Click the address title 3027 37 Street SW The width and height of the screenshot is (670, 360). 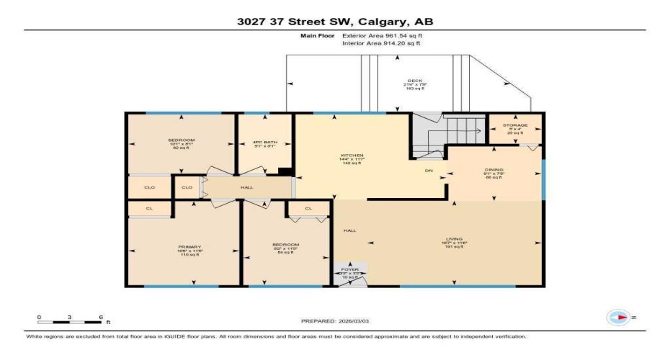coord(335,22)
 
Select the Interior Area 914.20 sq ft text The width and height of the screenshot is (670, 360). coord(381,44)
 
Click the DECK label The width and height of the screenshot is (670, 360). coord(414,81)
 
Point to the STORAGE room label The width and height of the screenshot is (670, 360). coord(515,125)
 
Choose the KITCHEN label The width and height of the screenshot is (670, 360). coord(352,155)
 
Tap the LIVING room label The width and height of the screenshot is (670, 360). coord(454,239)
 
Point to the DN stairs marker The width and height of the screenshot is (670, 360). coord(428,171)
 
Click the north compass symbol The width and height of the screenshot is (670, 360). coord(618,317)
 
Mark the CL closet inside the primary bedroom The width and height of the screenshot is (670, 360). coord(149,209)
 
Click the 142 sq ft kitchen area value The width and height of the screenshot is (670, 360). coord(352,163)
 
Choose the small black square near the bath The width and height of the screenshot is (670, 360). coord(286,171)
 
